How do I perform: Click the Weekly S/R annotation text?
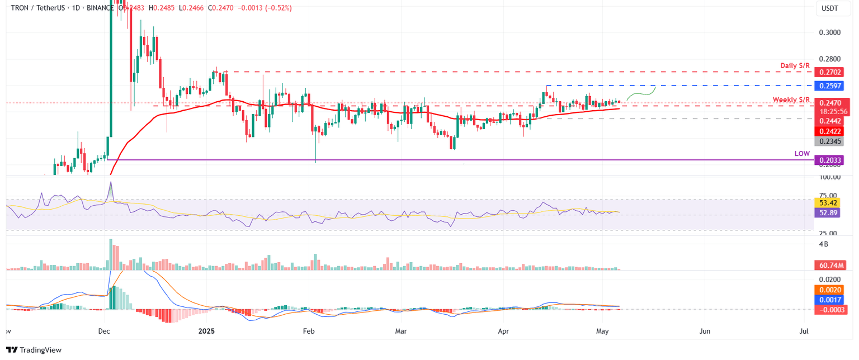(791, 100)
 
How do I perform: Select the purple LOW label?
(802, 153)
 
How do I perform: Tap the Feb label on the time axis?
(308, 331)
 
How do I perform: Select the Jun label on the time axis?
(705, 331)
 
